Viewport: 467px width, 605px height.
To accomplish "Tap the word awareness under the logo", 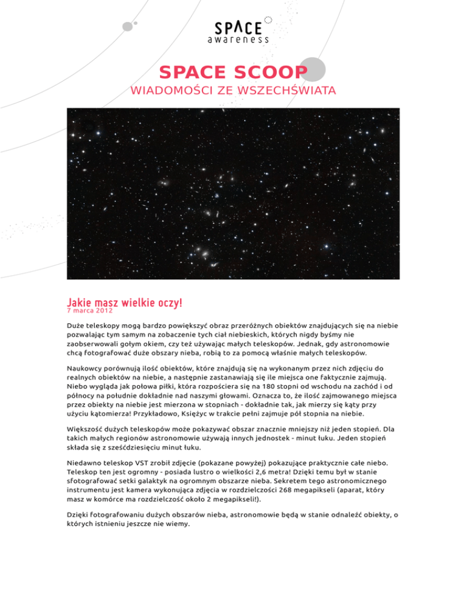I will (x=238, y=40).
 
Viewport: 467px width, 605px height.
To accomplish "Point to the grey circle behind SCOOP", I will (x=313, y=69).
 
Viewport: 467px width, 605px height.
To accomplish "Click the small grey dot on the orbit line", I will (x=128, y=26).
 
